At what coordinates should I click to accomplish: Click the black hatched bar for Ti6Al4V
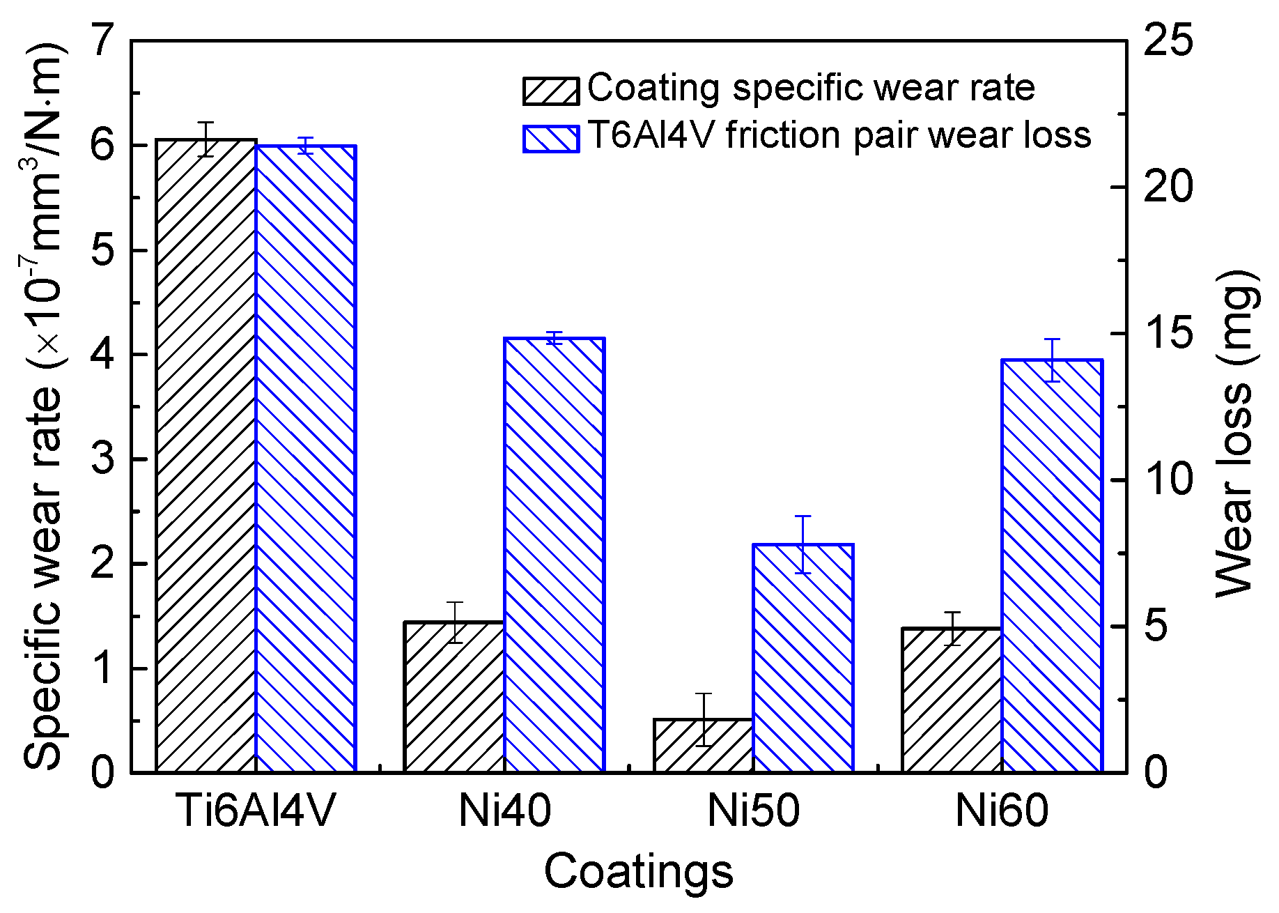(x=206, y=456)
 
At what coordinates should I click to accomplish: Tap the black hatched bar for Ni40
(x=454, y=697)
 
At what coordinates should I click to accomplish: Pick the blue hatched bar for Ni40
(x=554, y=555)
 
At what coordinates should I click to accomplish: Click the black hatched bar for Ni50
(x=704, y=745)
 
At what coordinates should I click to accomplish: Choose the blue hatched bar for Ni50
(x=803, y=658)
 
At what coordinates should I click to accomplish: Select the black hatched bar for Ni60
(x=952, y=700)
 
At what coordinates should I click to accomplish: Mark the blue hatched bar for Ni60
(x=1052, y=566)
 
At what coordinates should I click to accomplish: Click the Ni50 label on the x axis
(x=753, y=811)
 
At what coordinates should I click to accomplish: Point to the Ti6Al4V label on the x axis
(x=256, y=811)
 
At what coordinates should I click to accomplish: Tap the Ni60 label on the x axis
(x=1001, y=811)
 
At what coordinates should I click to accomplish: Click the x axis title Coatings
(x=638, y=871)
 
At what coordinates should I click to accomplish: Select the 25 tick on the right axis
(x=1168, y=40)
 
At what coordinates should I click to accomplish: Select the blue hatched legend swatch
(x=551, y=138)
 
